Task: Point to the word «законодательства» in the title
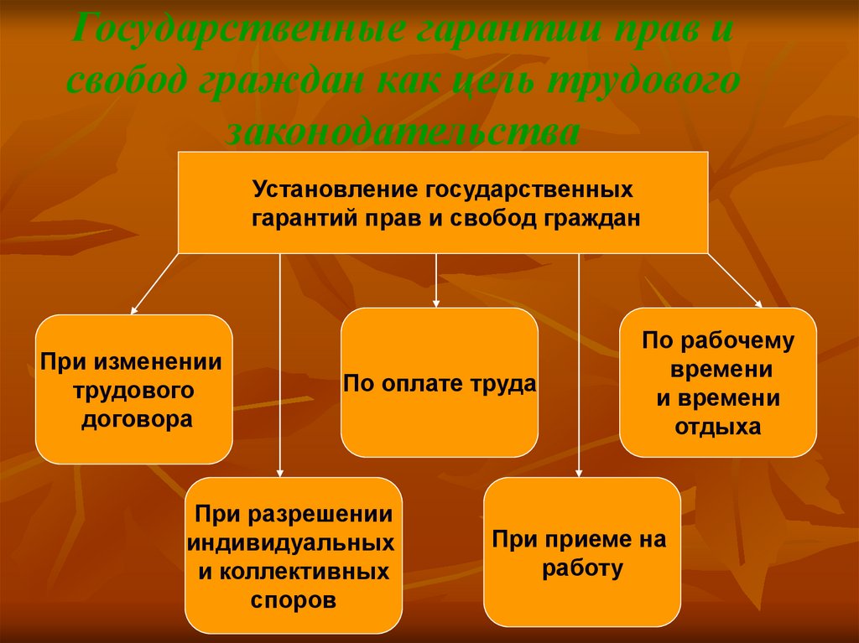tap(403, 132)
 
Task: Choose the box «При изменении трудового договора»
tap(134, 390)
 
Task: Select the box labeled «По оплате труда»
tap(440, 382)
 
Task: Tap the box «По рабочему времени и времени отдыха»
tap(718, 382)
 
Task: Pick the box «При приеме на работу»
tap(582, 552)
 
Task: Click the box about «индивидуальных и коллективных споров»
tap(294, 555)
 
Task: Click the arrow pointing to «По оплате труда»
tap(436, 281)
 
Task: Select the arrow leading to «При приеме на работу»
tap(579, 366)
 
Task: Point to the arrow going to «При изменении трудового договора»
tap(155, 283)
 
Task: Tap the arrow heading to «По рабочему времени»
tap(735, 281)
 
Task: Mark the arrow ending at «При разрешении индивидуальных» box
tap(280, 366)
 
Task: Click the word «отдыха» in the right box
tap(718, 426)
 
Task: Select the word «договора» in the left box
tap(137, 419)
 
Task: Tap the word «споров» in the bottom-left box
tap(293, 600)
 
